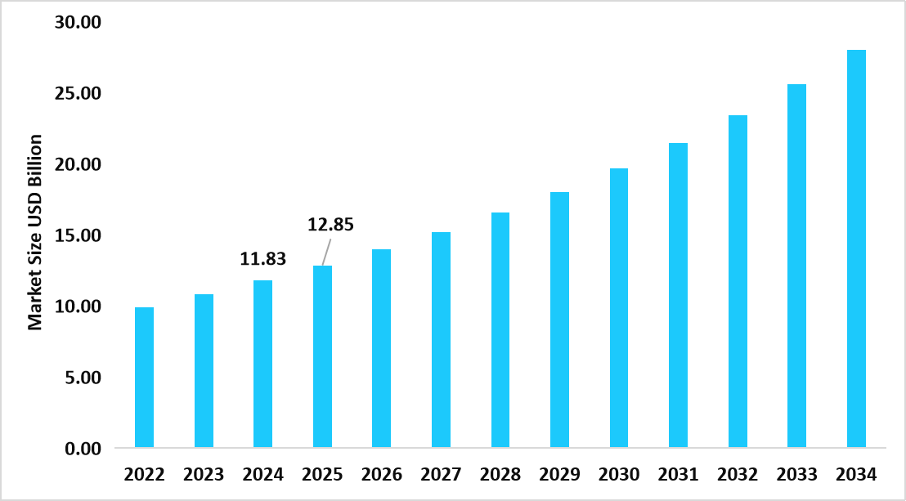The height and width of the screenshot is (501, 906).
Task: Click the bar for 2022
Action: point(144,378)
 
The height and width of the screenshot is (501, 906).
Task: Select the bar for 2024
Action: point(262,365)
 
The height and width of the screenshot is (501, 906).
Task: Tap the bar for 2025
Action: point(322,357)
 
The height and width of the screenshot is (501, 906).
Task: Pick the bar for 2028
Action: point(500,330)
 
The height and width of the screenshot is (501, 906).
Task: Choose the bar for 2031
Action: point(678,296)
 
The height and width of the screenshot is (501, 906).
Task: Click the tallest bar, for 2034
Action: point(856,249)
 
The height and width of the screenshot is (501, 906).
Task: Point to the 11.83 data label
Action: point(263,259)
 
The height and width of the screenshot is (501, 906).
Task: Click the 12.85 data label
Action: point(330,225)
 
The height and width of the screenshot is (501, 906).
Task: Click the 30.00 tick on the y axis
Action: point(78,22)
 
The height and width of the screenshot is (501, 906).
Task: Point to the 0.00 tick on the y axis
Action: point(83,449)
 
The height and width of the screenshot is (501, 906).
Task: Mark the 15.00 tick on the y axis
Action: point(78,235)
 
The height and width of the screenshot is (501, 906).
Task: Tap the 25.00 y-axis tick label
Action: point(78,93)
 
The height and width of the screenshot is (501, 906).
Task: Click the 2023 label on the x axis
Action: point(204,475)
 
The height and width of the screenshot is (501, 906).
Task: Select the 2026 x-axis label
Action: point(381,475)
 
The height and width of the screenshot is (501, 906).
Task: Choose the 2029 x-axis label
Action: point(559,475)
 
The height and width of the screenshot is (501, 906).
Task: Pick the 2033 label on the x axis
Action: point(796,475)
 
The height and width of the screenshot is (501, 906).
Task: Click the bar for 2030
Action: point(619,308)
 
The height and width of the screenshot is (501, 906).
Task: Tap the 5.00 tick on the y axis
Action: point(83,378)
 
